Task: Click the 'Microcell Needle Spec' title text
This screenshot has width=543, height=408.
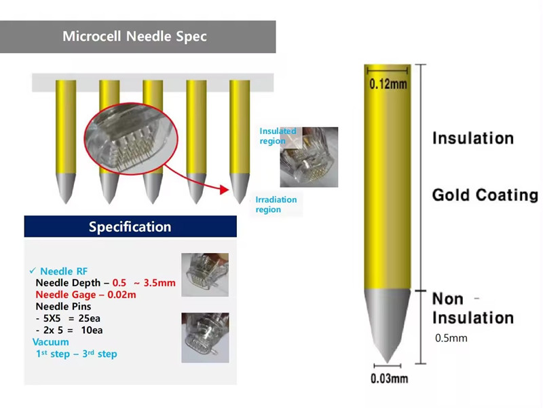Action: click(x=134, y=37)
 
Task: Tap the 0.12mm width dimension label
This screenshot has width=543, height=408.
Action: click(x=388, y=84)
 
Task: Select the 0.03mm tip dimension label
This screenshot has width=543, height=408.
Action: click(x=389, y=378)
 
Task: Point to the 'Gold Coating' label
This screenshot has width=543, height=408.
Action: click(x=485, y=195)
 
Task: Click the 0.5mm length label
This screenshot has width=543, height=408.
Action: click(x=451, y=338)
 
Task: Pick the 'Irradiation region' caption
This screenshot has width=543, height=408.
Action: click(x=276, y=205)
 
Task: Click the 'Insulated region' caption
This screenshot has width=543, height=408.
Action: click(x=278, y=136)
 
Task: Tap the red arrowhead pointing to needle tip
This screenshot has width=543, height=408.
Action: click(x=225, y=190)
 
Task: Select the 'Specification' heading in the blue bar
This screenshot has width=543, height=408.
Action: click(x=130, y=226)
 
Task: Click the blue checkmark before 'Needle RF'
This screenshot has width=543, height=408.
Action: click(x=33, y=270)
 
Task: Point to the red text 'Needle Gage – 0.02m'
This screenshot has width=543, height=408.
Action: click(x=86, y=294)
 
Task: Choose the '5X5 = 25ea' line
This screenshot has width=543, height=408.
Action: click(x=69, y=318)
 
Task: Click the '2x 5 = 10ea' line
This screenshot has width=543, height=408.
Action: click(x=69, y=330)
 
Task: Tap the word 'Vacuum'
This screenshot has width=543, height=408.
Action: click(x=50, y=342)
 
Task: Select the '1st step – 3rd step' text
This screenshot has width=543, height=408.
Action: click(x=77, y=354)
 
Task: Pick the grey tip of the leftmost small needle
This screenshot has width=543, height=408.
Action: click(x=65, y=188)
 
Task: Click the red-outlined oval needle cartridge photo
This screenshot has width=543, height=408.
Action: click(x=131, y=139)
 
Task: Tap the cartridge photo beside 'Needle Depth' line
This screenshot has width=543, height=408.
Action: click(x=205, y=275)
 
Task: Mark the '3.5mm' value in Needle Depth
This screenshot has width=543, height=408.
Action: click(x=160, y=283)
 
